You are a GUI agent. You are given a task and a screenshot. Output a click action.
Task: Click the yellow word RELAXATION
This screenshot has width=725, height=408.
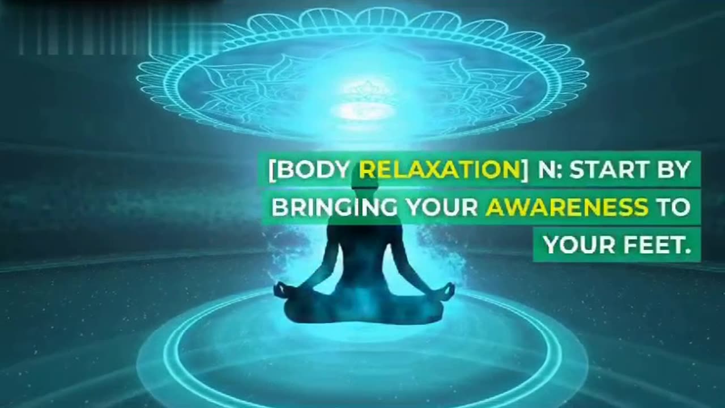pos(438,171)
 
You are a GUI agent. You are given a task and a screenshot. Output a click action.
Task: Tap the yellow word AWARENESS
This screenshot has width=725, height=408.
pos(566,207)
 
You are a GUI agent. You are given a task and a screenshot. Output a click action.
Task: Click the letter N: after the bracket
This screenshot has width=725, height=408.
pos(548,171)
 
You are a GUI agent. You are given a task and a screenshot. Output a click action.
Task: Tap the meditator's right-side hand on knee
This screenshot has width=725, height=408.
pos(447,290)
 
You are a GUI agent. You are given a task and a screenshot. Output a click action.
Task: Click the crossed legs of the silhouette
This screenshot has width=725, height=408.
pos(363,309)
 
